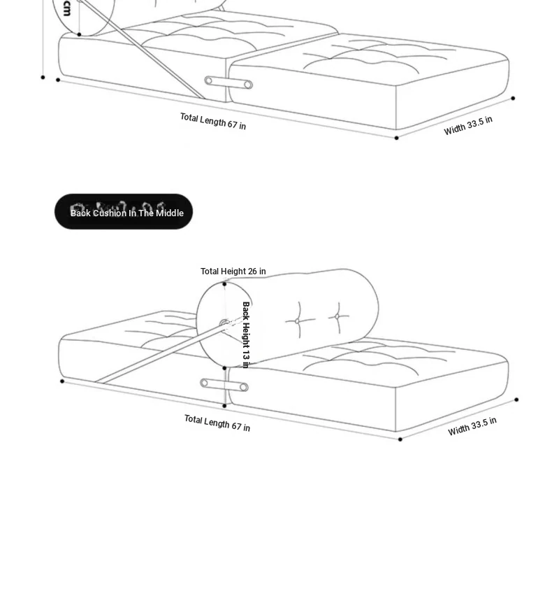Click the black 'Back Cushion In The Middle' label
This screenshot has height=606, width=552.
pyautogui.click(x=124, y=212)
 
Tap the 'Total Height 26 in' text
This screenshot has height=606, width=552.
pyautogui.click(x=233, y=272)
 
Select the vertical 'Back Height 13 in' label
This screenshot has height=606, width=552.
pyautogui.click(x=246, y=334)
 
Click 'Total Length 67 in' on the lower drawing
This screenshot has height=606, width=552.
pyautogui.click(x=217, y=423)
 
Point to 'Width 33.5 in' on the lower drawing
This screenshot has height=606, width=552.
pyautogui.click(x=472, y=426)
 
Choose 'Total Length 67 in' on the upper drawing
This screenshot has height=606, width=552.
pyautogui.click(x=213, y=121)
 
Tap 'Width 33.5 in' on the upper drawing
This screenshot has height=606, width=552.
pyautogui.click(x=468, y=126)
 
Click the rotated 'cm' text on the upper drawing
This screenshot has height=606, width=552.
pyautogui.click(x=66, y=8)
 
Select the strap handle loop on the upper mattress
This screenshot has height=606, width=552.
pyautogui.click(x=228, y=83)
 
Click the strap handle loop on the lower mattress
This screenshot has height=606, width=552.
pyautogui.click(x=224, y=385)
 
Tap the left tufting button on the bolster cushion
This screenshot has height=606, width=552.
pyautogui.click(x=298, y=321)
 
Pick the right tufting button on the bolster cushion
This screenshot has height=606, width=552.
pyautogui.click(x=337, y=317)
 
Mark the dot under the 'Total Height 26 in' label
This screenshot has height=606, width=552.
pyautogui.click(x=225, y=284)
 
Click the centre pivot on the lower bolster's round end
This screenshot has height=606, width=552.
pyautogui.click(x=224, y=323)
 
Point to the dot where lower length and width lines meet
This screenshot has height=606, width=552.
pyautogui.click(x=400, y=439)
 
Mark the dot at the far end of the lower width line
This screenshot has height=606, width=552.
pyautogui.click(x=516, y=400)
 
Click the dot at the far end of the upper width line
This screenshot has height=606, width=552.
pyautogui.click(x=513, y=98)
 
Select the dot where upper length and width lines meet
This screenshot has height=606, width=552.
pyautogui.click(x=396, y=138)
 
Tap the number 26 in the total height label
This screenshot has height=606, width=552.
pyautogui.click(x=252, y=272)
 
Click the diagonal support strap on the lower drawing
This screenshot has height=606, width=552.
pyautogui.click(x=161, y=353)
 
